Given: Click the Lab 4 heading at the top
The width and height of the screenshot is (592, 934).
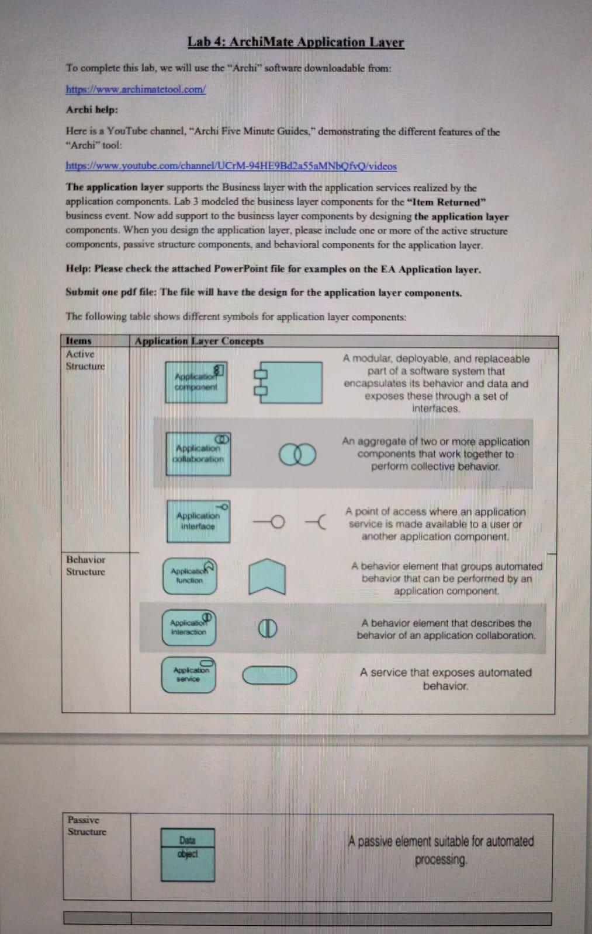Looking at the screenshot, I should [296, 42].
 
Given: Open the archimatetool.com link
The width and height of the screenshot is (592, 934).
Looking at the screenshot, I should [136, 89].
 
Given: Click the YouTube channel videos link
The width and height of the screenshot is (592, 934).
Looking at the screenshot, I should [231, 166].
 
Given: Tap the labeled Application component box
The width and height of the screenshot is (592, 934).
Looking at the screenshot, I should [196, 382].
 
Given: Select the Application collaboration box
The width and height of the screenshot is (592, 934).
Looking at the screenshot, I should [198, 454].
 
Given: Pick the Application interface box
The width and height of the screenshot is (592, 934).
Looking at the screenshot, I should [198, 521].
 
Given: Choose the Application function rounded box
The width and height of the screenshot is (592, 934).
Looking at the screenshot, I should [189, 576].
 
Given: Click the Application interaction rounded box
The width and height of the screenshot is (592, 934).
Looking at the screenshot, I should [189, 628].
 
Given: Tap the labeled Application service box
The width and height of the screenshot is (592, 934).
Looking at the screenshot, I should [188, 675].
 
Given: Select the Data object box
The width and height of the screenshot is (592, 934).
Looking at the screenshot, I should [188, 854].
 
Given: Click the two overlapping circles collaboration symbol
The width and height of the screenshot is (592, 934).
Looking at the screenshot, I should [297, 454].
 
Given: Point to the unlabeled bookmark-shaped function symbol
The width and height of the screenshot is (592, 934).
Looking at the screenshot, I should [268, 576].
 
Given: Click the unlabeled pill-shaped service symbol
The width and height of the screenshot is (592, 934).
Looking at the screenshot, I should [269, 675].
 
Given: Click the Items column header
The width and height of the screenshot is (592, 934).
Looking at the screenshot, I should [79, 340].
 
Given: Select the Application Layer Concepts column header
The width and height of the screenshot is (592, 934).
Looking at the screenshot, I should [199, 341].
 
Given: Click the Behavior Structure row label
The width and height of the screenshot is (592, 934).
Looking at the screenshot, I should [86, 565].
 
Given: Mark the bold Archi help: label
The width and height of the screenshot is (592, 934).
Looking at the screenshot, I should [92, 110].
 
